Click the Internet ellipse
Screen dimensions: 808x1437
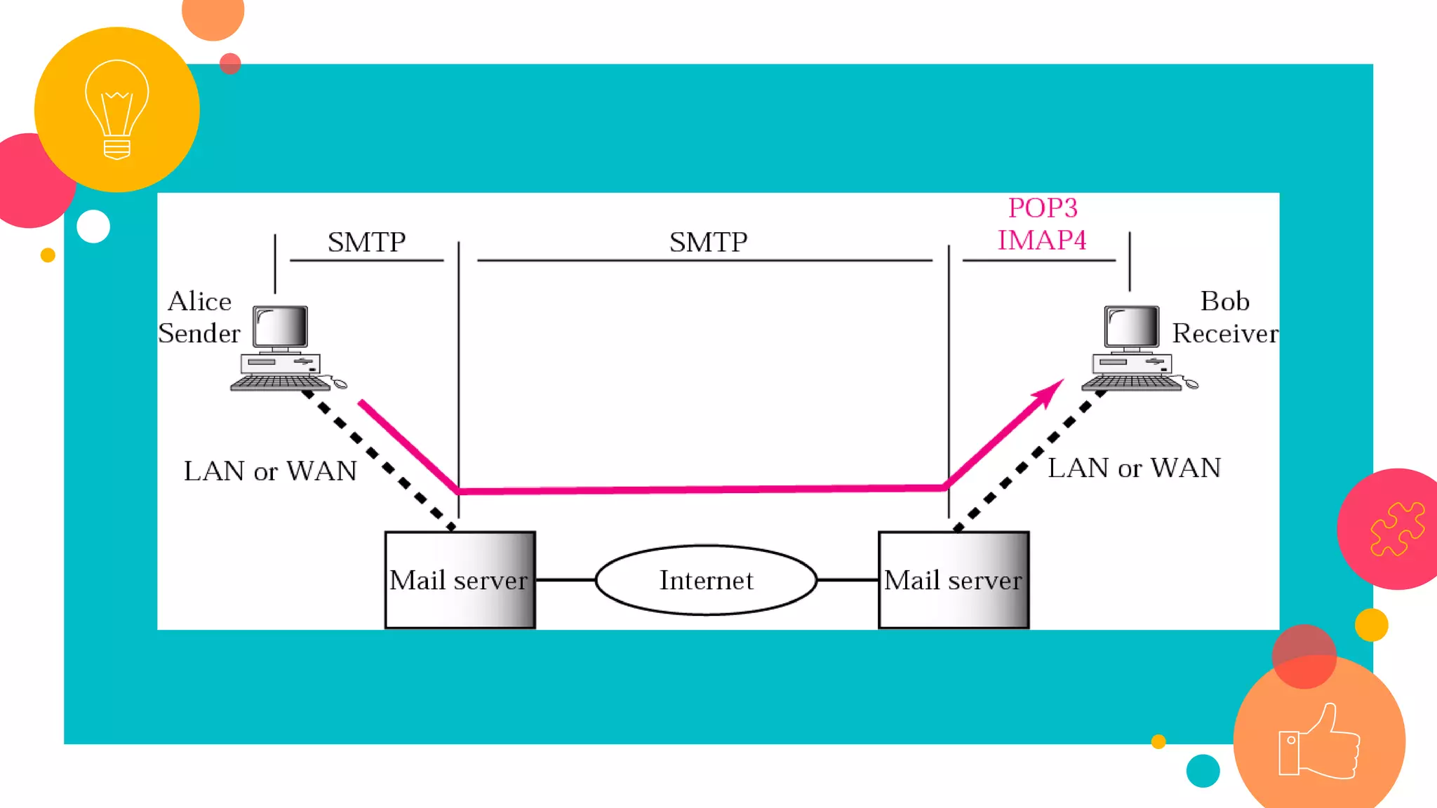click(706, 580)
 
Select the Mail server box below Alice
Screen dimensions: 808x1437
click(460, 580)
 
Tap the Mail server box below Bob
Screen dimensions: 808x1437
click(954, 580)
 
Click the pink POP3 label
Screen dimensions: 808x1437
click(1043, 208)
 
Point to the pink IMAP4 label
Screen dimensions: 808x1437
click(1042, 241)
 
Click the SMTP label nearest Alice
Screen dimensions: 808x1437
click(366, 243)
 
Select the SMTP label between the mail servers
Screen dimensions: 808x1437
click(708, 243)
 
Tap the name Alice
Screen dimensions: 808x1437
click(200, 302)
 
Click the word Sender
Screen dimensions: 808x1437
click(199, 334)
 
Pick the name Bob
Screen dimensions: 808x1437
click(1225, 302)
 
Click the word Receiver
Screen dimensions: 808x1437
click(1225, 334)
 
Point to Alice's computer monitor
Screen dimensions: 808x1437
click(281, 327)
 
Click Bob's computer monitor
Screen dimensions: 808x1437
click(1131, 327)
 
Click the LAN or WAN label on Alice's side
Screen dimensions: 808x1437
click(270, 471)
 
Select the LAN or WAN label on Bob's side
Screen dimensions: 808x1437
click(1134, 469)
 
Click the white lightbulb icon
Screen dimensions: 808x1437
click(116, 109)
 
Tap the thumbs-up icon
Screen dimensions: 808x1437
click(1319, 742)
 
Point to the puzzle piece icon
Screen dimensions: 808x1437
click(1397, 529)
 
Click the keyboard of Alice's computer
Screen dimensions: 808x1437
click(281, 383)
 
